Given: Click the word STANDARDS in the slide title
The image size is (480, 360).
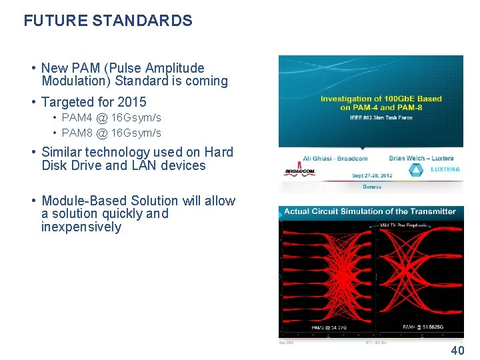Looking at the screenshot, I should [x=142, y=21].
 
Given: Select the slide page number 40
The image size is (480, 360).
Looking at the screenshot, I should [x=458, y=351].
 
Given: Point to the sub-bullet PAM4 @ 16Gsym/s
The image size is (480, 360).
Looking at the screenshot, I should [x=111, y=117].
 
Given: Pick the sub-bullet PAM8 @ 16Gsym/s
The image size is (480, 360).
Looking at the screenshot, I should [x=111, y=133].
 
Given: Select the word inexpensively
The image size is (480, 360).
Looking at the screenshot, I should [x=81, y=227].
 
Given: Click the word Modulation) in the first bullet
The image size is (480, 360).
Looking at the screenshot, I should [x=75, y=81].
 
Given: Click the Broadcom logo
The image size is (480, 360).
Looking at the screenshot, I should [x=299, y=171].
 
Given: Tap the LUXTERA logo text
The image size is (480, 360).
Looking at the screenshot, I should [x=445, y=169].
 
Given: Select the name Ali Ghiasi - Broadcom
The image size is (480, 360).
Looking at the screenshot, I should [x=335, y=159].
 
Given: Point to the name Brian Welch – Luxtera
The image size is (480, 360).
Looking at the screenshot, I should [x=421, y=159].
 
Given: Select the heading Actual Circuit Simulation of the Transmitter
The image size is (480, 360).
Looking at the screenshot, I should [x=370, y=211].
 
